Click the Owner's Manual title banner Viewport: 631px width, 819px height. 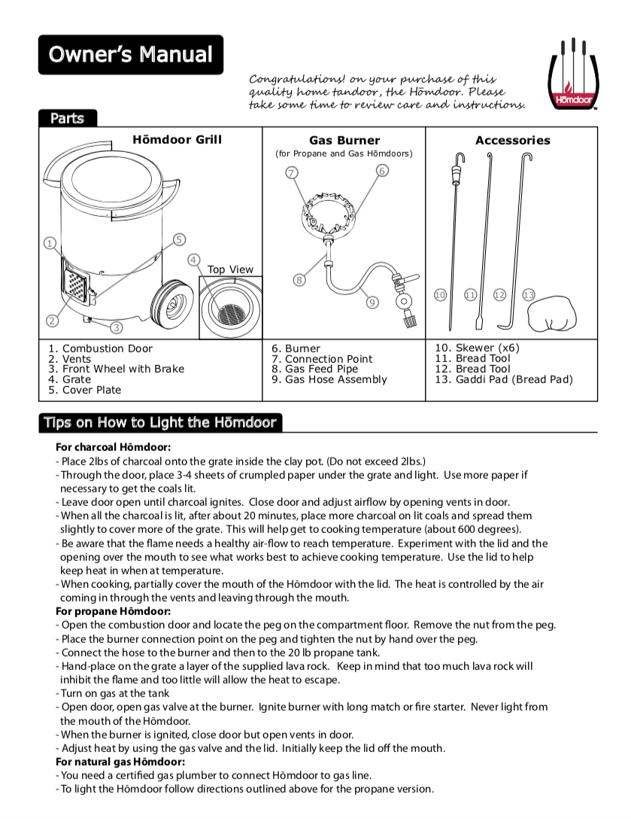pos(131,54)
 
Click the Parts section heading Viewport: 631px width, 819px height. pos(68,118)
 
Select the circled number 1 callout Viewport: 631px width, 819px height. pos(50,242)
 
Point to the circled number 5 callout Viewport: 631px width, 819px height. pos(179,239)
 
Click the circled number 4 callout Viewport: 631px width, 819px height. pos(194,260)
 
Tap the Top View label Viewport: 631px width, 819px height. pos(230,269)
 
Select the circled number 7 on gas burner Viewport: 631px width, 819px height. pos(292,172)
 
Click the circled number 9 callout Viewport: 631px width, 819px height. pos(372,303)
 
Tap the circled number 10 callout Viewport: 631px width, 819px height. pos(441,294)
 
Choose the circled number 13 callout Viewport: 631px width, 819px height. pos(529,294)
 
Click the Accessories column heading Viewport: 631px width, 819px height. pos(512,141)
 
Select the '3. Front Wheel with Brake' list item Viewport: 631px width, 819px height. pos(116,369)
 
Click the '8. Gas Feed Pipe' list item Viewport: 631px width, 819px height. pos(314,369)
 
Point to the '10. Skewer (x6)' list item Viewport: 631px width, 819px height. pos(477,348)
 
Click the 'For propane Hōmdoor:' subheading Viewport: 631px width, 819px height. pos(113,611)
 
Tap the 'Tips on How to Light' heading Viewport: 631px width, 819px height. pos(160,422)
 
